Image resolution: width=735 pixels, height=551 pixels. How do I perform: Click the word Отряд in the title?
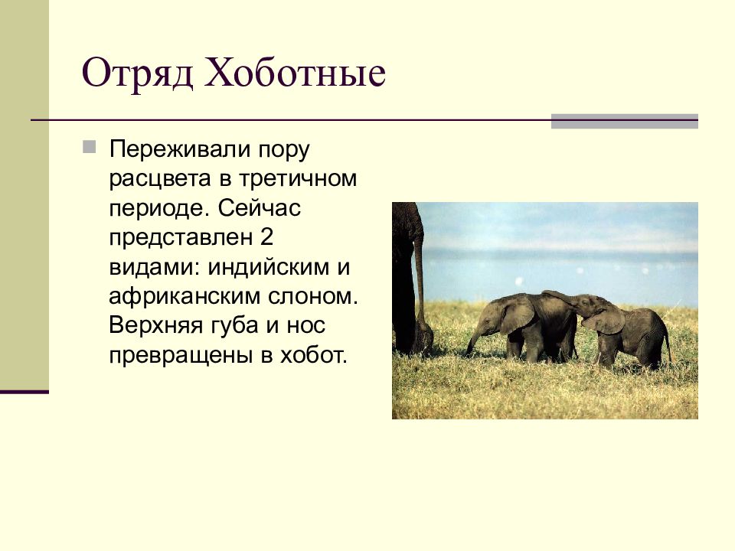137,73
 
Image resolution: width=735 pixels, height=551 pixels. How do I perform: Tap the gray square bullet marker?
89,147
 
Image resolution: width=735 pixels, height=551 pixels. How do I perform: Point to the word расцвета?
160,179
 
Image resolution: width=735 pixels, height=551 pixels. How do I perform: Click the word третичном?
298,179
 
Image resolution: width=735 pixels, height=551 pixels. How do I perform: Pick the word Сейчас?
259,208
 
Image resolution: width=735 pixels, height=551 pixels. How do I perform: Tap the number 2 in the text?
266,237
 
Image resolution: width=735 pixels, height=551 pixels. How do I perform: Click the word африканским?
185,297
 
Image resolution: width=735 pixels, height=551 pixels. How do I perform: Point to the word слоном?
312,297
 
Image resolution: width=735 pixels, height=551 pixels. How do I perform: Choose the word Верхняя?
155,326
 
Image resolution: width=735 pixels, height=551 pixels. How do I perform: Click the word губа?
234,326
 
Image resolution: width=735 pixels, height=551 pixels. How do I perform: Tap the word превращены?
181,356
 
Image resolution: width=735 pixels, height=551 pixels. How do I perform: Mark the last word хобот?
313,355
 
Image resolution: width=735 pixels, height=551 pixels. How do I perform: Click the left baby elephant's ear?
518,314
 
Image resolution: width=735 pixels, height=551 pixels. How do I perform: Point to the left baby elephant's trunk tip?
468,352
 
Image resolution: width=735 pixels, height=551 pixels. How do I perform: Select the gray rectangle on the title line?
625,122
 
